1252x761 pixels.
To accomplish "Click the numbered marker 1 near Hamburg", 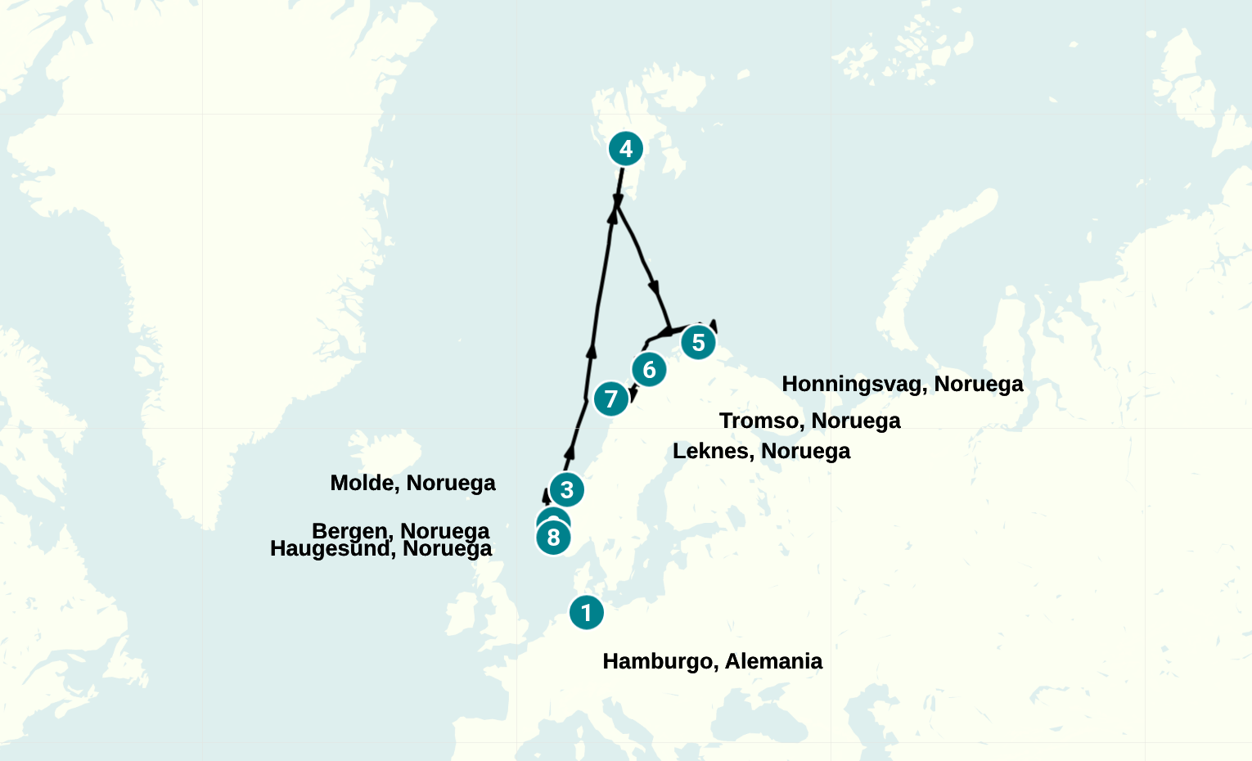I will click(x=586, y=612).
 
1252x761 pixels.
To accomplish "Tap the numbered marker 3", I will click(x=567, y=490).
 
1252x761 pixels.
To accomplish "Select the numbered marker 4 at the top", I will click(x=626, y=149).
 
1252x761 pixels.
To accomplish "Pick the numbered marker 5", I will click(x=698, y=342).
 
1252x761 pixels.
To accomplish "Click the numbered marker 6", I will click(x=649, y=369).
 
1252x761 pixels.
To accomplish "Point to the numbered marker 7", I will click(x=610, y=399).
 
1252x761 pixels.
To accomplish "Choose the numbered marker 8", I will click(x=553, y=538).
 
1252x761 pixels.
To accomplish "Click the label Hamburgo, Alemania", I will click(x=712, y=661).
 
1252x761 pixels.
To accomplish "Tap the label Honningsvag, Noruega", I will click(x=902, y=384).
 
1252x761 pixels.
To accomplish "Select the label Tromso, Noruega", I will click(x=809, y=421).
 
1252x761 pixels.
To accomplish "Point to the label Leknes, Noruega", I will click(x=761, y=451).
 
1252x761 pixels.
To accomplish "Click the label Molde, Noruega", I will click(x=412, y=483).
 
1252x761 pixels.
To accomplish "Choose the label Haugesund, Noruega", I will click(x=381, y=550).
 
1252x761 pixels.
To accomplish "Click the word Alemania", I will click(x=773, y=661).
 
